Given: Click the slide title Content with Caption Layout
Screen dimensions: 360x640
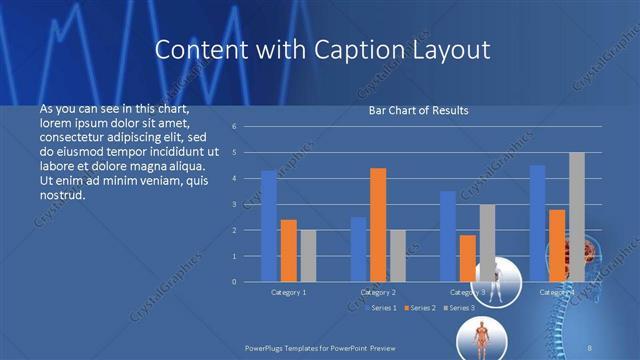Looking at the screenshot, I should tap(324, 49).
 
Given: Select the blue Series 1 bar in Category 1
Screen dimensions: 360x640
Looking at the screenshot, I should tap(269, 226).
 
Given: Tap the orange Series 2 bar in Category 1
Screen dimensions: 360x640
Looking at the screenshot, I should tap(289, 250).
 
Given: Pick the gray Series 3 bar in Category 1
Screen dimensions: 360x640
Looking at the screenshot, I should tap(308, 256).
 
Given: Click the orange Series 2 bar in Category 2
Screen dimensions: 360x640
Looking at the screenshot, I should tap(378, 225).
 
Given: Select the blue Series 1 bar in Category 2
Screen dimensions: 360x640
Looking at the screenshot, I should tap(358, 249).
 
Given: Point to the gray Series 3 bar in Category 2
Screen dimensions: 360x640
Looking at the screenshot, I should tap(398, 256).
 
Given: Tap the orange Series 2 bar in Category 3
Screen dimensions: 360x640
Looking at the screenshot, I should tap(468, 258).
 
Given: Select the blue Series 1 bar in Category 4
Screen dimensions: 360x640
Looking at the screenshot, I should tap(538, 223).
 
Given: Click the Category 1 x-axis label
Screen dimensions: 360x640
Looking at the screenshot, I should tap(289, 292).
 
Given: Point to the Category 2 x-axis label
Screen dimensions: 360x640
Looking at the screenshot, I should tap(378, 292).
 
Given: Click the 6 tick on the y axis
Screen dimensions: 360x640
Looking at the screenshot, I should tap(233, 127).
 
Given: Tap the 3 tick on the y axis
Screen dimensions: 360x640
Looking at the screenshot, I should tap(233, 204).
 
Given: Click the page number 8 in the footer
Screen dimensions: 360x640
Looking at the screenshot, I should tap(590, 343).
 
